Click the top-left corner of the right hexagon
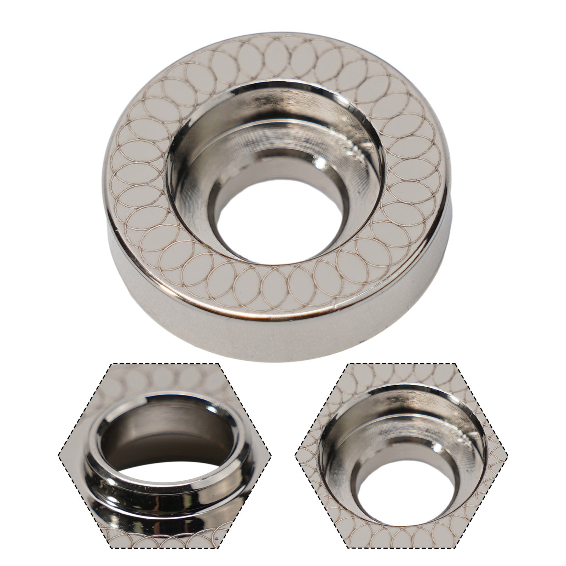coord(348,364)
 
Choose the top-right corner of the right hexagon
coord(456,364)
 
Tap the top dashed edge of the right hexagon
coord(402,364)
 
